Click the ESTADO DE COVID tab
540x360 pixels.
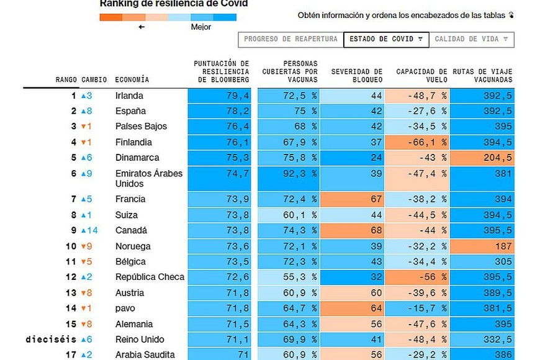[x=385, y=39]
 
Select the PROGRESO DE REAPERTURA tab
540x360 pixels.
[x=290, y=39]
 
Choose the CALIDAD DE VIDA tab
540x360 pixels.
[x=472, y=39]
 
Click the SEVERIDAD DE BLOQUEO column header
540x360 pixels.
[x=356, y=76]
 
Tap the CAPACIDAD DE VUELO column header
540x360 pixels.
[x=421, y=76]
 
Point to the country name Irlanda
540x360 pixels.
[x=129, y=96]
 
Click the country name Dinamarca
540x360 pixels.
[x=137, y=158]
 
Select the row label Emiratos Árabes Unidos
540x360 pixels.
[x=149, y=178]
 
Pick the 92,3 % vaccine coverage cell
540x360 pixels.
[x=298, y=174]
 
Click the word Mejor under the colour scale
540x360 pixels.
[x=201, y=27]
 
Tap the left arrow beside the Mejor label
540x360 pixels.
[x=142, y=27]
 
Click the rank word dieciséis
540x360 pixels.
[x=51, y=340]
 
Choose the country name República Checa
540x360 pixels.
[x=150, y=277]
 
